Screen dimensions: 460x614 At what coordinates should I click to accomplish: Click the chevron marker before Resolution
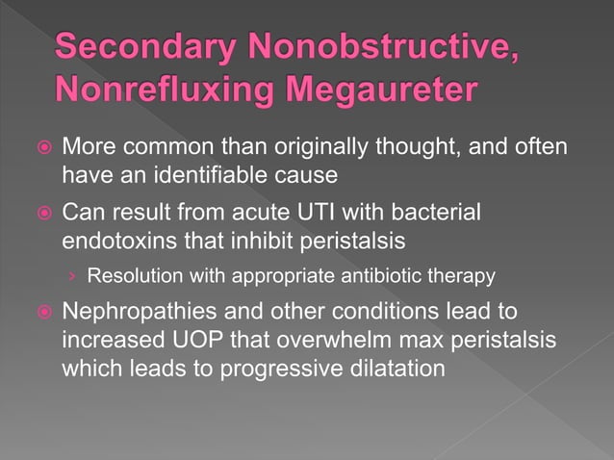click(73, 277)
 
